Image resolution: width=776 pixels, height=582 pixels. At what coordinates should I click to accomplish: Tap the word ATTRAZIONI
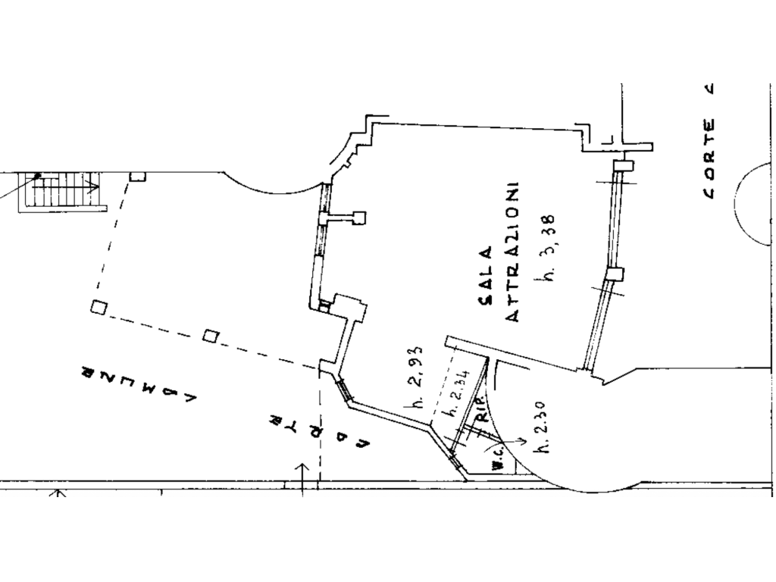pos(512,252)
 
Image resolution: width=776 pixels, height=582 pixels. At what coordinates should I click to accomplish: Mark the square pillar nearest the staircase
pos(136,177)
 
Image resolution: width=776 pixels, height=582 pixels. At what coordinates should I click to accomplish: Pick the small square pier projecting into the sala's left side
pos(358,217)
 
